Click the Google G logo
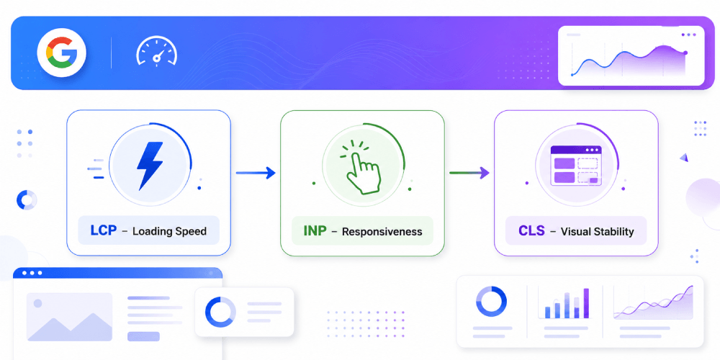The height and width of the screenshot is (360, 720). coord(61,53)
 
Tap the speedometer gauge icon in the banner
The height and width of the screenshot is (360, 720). coord(156,51)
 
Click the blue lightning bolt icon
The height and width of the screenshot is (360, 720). coord(150,166)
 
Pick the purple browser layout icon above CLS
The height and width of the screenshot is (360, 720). coord(576,166)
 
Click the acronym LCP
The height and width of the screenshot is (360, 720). coord(104,230)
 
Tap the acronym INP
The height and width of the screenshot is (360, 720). coord(316,230)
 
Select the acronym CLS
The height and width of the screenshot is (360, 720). coord(531,230)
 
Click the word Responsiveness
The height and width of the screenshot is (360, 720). coord(382,231)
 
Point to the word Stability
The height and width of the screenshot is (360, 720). coord(613,231)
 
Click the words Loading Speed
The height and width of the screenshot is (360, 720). coord(169,231)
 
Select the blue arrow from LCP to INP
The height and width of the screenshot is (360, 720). coord(256,173)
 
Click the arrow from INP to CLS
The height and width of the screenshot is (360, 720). coord(469,173)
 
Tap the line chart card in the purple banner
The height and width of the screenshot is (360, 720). coord(631,55)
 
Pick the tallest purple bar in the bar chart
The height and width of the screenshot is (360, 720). coord(586,303)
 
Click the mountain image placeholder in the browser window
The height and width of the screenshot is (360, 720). coord(69,317)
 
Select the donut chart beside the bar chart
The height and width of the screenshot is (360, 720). coord(491,302)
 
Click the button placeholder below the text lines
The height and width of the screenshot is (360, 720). coord(143,336)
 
